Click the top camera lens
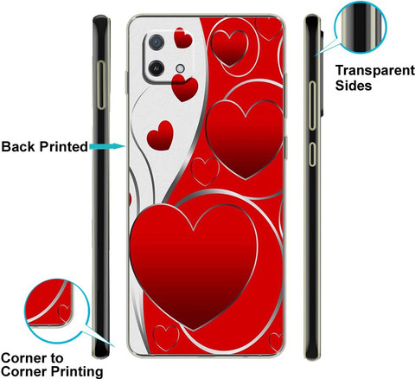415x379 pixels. [156, 42]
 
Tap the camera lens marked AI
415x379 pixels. [156, 68]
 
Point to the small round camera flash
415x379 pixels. [181, 68]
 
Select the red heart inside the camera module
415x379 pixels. [182, 38]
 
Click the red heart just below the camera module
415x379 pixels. [185, 87]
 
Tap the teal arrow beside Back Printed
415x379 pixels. [107, 146]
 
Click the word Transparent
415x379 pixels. [375, 71]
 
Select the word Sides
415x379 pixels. [354, 86]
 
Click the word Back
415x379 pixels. [19, 146]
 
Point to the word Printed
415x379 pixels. [63, 146]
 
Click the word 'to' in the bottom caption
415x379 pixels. [57, 358]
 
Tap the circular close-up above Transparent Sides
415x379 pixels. [361, 27]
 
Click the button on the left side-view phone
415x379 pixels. [101, 85]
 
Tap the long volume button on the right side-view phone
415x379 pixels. [312, 106]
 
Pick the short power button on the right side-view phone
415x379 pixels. [312, 154]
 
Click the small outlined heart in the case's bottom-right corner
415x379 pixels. [276, 342]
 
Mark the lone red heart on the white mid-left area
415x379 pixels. [160, 136]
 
